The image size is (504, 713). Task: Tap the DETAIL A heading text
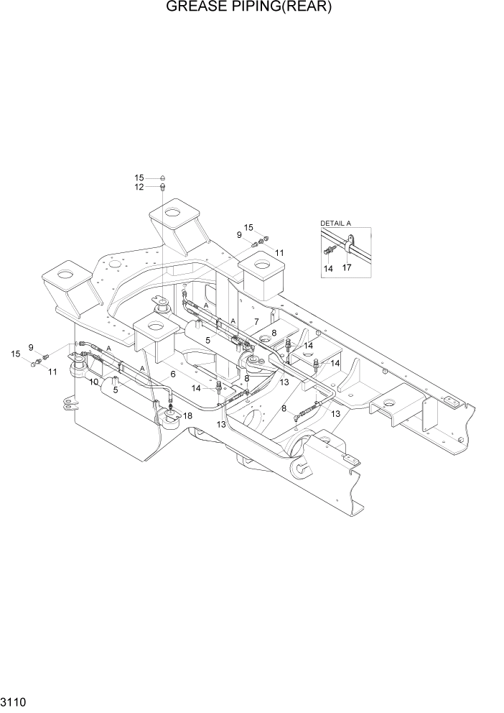335,224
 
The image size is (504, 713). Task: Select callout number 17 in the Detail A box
347,268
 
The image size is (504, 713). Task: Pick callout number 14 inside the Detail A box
328,268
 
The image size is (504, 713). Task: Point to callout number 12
139,187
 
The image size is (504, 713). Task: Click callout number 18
187,415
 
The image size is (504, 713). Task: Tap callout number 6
172,374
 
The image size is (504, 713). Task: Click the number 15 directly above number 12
139,178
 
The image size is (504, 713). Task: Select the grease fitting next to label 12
162,187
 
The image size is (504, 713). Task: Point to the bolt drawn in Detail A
330,250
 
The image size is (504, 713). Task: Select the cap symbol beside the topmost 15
162,177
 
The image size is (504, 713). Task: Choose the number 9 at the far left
31,348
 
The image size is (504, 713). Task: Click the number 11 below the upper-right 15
279,253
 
